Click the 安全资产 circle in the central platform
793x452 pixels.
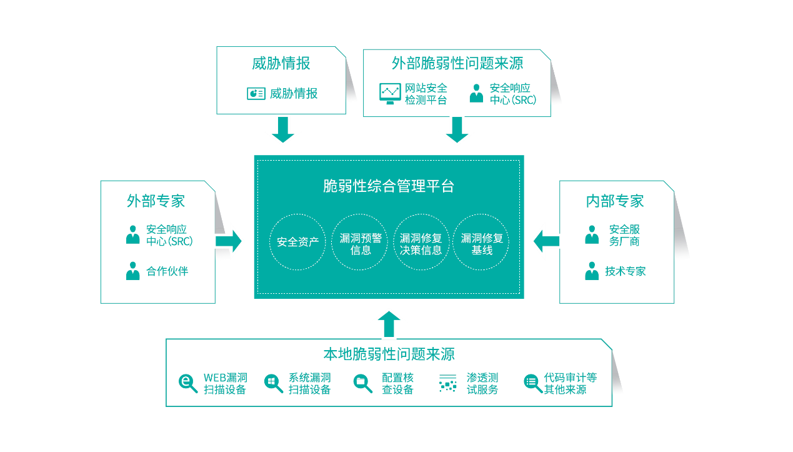[x=297, y=242]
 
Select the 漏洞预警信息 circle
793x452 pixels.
[x=361, y=242]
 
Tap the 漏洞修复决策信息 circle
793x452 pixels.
[x=421, y=242]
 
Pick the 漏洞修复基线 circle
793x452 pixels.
[x=481, y=242]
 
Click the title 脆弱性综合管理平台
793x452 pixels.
[x=389, y=186]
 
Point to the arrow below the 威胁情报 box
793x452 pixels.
[x=282, y=129]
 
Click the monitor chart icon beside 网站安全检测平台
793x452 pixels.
[x=390, y=93]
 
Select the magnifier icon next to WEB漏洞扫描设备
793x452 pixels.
[x=188, y=383]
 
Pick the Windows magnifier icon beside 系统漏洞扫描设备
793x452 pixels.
[x=273, y=383]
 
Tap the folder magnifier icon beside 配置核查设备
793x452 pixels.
[x=362, y=383]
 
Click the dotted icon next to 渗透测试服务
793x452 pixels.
[x=447, y=383]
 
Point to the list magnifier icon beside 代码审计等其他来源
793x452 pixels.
[x=532, y=383]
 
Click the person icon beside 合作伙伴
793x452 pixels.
[x=132, y=271]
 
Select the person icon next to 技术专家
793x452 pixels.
[x=591, y=271]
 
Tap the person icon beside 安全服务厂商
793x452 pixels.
[x=591, y=234]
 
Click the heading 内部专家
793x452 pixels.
[x=615, y=201]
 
